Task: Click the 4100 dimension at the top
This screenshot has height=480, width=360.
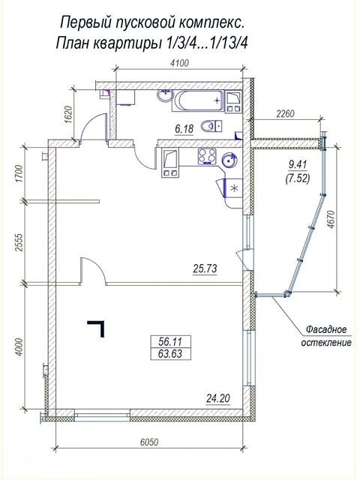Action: click(179, 63)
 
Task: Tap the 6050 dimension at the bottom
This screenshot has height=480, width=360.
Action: click(149, 442)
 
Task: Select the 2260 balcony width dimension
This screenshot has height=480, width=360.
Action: click(285, 114)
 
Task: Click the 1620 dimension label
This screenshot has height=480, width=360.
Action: click(68, 114)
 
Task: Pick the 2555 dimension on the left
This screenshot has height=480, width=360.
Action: click(19, 242)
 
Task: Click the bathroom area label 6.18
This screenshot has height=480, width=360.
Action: click(184, 129)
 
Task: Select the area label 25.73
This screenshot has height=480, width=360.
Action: click(205, 268)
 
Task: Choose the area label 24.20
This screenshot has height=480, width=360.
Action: click(218, 398)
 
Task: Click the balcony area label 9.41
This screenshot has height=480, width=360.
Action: click(298, 165)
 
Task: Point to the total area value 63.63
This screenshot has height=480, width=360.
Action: click(170, 354)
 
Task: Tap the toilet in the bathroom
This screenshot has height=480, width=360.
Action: click(211, 126)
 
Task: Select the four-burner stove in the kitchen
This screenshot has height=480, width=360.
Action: click(207, 157)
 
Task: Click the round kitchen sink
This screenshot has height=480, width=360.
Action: click(229, 160)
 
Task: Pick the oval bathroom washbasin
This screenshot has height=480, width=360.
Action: click(165, 95)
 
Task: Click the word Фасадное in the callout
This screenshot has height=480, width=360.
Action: click(327, 330)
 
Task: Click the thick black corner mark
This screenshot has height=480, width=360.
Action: click(96, 328)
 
